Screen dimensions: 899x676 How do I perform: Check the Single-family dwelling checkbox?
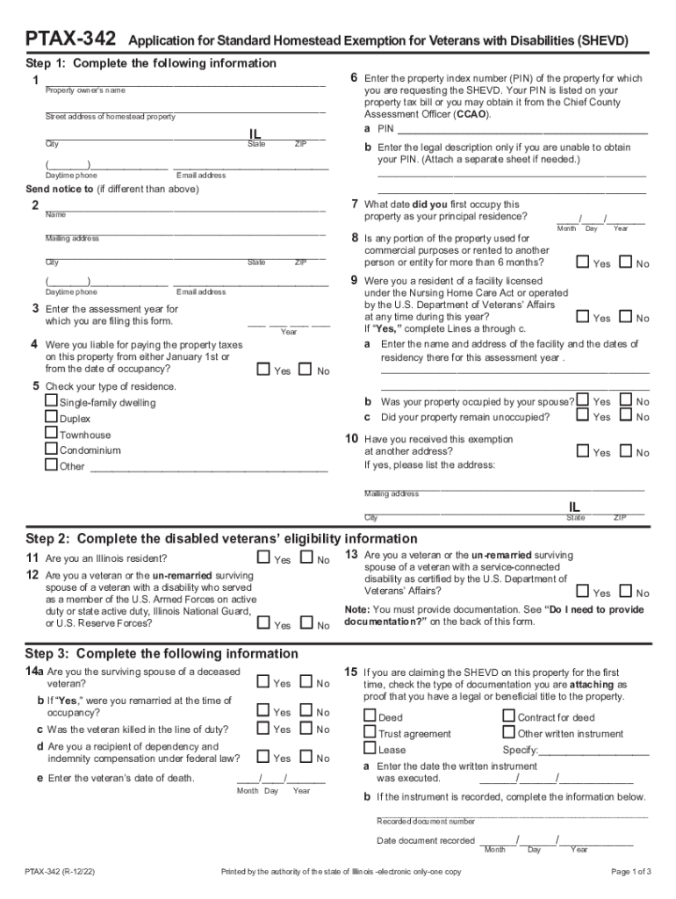pyautogui.click(x=52, y=402)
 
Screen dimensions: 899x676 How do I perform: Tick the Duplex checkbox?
pyautogui.click(x=52, y=418)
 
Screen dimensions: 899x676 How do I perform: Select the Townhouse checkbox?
pyautogui.click(x=52, y=434)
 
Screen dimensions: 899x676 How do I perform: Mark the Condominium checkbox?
pyautogui.click(x=52, y=449)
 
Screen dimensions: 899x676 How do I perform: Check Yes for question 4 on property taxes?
pyautogui.click(x=263, y=370)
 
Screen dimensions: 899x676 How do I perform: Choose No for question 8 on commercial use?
pyautogui.click(x=625, y=263)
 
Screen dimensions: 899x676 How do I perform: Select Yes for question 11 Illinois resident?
pyautogui.click(x=263, y=557)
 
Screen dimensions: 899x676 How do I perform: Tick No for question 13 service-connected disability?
pyautogui.click(x=625, y=592)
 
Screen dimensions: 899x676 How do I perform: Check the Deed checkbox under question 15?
pyautogui.click(x=370, y=716)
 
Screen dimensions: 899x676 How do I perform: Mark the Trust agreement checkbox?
pyautogui.click(x=370, y=732)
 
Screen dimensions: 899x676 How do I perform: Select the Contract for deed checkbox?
pyautogui.click(x=509, y=716)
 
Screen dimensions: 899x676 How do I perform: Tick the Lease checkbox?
pyautogui.click(x=370, y=749)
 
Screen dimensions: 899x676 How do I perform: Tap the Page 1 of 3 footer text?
pyautogui.click(x=630, y=872)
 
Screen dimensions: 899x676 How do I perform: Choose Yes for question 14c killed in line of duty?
pyautogui.click(x=263, y=729)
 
